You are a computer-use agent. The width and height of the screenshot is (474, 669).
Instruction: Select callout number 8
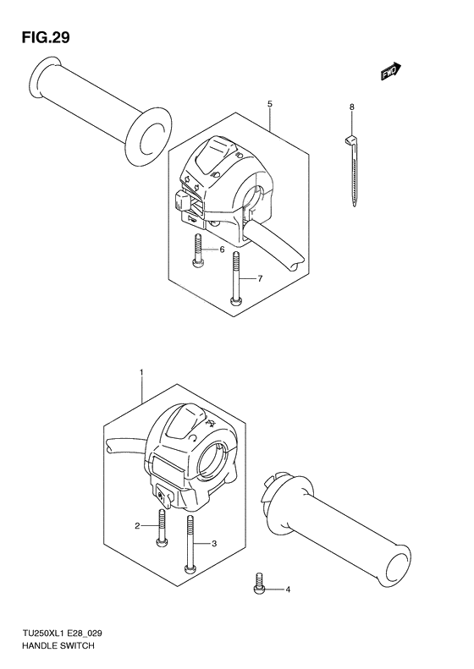click(x=350, y=107)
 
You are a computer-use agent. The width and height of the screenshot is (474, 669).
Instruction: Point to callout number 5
click(x=269, y=104)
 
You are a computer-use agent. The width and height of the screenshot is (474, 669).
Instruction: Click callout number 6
click(x=221, y=250)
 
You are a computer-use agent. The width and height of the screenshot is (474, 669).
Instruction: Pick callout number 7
click(x=262, y=278)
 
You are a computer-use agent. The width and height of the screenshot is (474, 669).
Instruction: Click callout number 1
click(x=141, y=371)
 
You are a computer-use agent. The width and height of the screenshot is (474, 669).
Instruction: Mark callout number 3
click(x=214, y=544)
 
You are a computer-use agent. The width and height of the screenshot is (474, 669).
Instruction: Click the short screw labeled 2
click(x=160, y=529)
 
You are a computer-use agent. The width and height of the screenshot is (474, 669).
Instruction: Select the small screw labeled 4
click(x=260, y=584)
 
